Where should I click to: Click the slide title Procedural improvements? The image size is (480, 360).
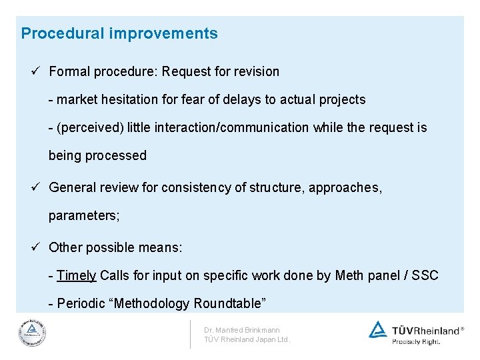(119, 33)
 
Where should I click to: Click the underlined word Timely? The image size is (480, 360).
(77, 275)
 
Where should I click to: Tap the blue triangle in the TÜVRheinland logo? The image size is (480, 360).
(378, 329)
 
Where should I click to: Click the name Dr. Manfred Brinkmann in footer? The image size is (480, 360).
(242, 330)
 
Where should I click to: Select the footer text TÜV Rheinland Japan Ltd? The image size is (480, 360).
(247, 339)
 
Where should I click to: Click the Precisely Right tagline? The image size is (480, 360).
(415, 341)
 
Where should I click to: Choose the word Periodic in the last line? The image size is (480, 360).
(83, 303)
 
